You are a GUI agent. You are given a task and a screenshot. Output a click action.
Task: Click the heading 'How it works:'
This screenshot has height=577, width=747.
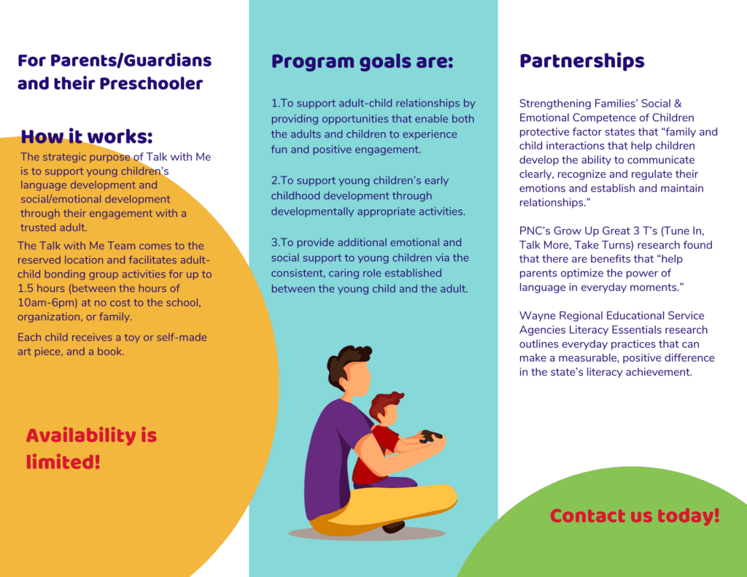(87, 136)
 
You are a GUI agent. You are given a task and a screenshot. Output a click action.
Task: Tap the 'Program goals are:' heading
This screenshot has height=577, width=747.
(362, 62)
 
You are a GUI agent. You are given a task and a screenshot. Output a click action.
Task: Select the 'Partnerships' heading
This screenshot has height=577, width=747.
(581, 61)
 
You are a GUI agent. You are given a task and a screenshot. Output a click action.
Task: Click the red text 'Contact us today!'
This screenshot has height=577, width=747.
(635, 516)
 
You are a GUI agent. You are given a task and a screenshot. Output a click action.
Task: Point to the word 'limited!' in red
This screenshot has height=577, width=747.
(63, 462)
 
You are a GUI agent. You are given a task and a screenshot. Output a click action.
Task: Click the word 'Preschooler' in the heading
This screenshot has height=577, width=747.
(151, 83)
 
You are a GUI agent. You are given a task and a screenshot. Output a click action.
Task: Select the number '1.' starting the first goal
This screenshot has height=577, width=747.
(275, 104)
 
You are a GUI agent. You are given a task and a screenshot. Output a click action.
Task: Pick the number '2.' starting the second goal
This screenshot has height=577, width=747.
(275, 181)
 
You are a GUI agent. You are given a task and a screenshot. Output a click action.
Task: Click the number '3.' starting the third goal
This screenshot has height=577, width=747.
(275, 242)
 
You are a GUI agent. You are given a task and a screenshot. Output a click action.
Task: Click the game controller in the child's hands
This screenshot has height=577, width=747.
(430, 435)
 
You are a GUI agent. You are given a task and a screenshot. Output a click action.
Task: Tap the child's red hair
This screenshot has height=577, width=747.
(386, 404)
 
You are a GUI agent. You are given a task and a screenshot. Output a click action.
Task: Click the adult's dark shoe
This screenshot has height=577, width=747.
(393, 527)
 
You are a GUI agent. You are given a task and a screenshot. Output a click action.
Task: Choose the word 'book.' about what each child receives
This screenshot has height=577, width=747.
(111, 352)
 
